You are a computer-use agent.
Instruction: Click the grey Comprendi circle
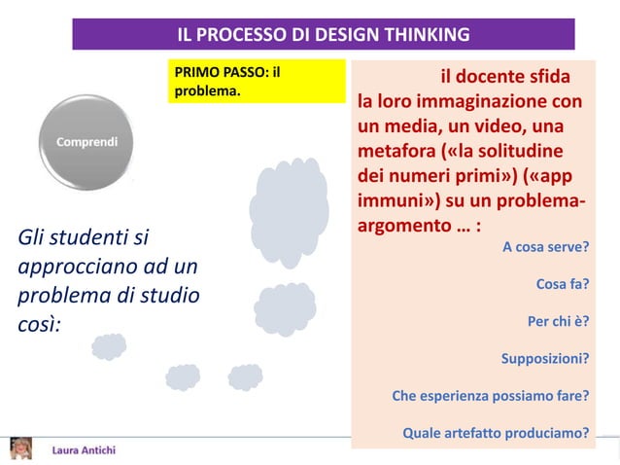[86, 142]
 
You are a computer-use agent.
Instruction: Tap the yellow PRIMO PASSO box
[257, 82]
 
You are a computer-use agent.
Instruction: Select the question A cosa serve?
[545, 247]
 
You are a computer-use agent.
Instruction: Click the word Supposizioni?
[544, 359]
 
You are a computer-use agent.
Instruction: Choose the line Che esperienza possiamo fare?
[490, 396]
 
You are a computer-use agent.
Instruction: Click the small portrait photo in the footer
[19, 447]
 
